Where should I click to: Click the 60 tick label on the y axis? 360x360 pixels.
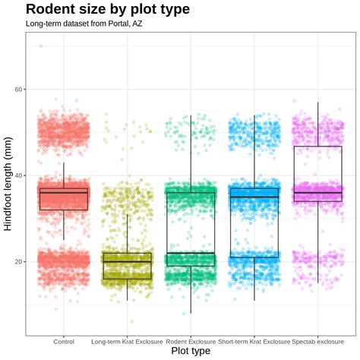coord(18,90)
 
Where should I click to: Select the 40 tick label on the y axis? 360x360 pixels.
coord(18,175)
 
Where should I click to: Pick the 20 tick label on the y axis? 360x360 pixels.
coord(18,261)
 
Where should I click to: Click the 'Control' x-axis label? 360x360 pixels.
coord(64,341)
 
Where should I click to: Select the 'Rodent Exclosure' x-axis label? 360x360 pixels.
coord(191,341)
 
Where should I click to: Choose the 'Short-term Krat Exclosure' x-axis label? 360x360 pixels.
coord(254,341)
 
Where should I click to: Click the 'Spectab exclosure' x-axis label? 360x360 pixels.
coord(317,341)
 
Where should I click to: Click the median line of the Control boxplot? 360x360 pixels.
coord(64,192)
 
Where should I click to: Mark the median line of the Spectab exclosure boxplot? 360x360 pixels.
coord(317,193)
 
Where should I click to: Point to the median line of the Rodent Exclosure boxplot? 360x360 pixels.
coord(191,253)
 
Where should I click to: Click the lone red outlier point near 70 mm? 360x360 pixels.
coord(41,46)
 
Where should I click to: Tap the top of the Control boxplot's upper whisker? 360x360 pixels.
coord(64,163)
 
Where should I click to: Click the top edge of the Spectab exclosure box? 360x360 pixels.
coord(317,146)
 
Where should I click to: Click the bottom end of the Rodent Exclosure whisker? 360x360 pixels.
coord(191,313)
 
